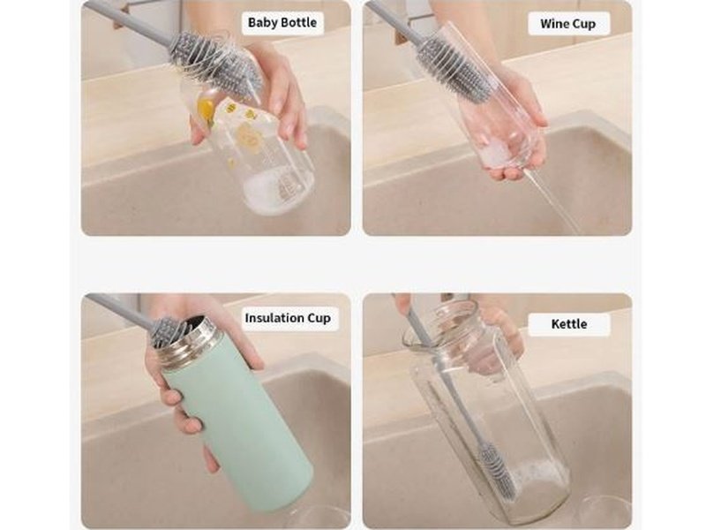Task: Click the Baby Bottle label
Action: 282,23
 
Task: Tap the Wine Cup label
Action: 567,24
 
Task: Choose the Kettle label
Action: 569,324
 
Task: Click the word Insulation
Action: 274,318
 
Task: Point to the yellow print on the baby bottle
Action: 206,110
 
